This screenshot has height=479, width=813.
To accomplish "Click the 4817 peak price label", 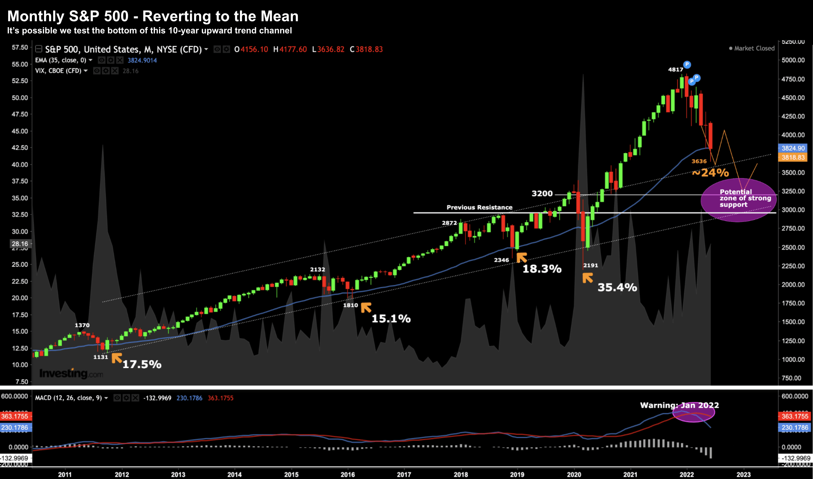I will click(x=676, y=69).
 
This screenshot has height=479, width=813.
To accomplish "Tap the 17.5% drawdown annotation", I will click(x=142, y=364).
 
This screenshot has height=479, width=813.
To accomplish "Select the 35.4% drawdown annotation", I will click(x=617, y=287).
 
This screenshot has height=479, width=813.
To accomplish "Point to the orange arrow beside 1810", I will click(x=366, y=307).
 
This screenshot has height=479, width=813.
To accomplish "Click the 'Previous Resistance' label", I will click(x=480, y=207).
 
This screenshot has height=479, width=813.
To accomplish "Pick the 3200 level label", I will click(x=542, y=193).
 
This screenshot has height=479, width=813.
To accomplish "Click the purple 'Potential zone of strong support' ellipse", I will click(x=738, y=200).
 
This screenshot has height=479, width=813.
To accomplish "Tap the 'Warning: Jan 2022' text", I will click(x=679, y=405).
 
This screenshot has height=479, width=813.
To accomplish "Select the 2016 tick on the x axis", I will click(x=347, y=475).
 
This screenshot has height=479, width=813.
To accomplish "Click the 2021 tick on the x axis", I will click(x=630, y=475).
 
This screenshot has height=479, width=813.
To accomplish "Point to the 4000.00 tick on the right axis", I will click(x=793, y=135).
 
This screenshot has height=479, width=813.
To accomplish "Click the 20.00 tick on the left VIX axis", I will click(x=20, y=298).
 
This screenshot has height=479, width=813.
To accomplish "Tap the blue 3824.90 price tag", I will click(x=793, y=148).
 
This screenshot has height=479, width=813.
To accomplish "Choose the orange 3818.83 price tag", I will click(x=793, y=157).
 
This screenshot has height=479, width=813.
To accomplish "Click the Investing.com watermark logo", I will click(x=71, y=374).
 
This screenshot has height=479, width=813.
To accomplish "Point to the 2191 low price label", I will click(x=591, y=265).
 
